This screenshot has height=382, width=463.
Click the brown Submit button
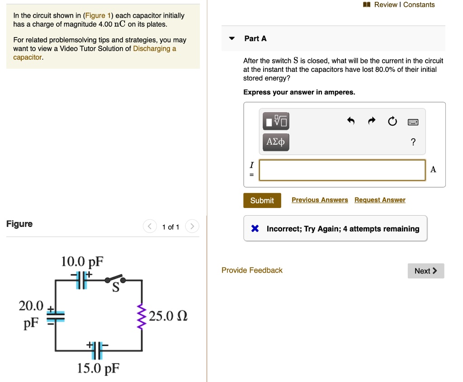(262, 200)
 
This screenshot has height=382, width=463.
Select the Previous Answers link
(320, 200)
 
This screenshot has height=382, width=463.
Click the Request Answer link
(380, 200)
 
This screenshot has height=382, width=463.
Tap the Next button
(425, 271)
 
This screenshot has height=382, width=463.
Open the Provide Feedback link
(252, 270)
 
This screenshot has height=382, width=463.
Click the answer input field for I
(342, 170)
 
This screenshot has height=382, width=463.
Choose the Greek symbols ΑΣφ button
(275, 142)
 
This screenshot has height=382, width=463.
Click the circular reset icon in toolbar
(392, 121)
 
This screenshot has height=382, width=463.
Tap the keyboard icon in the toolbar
(413, 122)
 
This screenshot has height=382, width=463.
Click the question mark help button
(413, 142)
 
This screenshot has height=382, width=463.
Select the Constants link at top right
(419, 5)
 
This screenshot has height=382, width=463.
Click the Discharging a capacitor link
(154, 48)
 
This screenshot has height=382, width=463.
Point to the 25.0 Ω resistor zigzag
(142, 316)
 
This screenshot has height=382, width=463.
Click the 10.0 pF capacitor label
(82, 262)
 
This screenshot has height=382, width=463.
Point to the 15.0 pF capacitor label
(98, 369)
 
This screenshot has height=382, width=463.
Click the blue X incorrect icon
(255, 229)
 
